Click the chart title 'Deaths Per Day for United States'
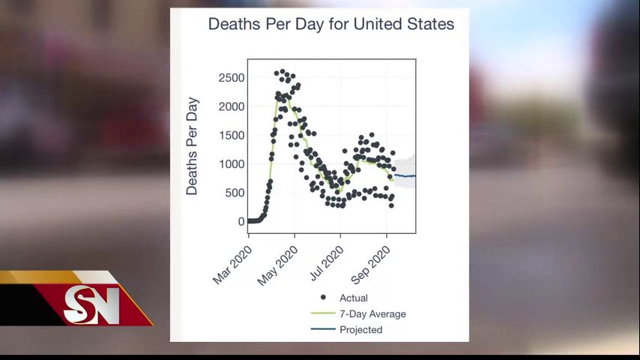[x=330, y=24]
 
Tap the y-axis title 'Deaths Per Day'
[x=192, y=146]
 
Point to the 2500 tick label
[x=232, y=78]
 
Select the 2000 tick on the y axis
[x=232, y=106]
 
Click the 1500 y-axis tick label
[x=232, y=135]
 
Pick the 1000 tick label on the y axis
[x=232, y=164]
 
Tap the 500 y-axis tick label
[x=235, y=193]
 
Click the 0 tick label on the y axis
[x=241, y=221]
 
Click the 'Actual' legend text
[x=354, y=298]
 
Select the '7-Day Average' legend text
[x=372, y=314]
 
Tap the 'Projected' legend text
[x=360, y=330]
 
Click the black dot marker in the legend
[x=324, y=298]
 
